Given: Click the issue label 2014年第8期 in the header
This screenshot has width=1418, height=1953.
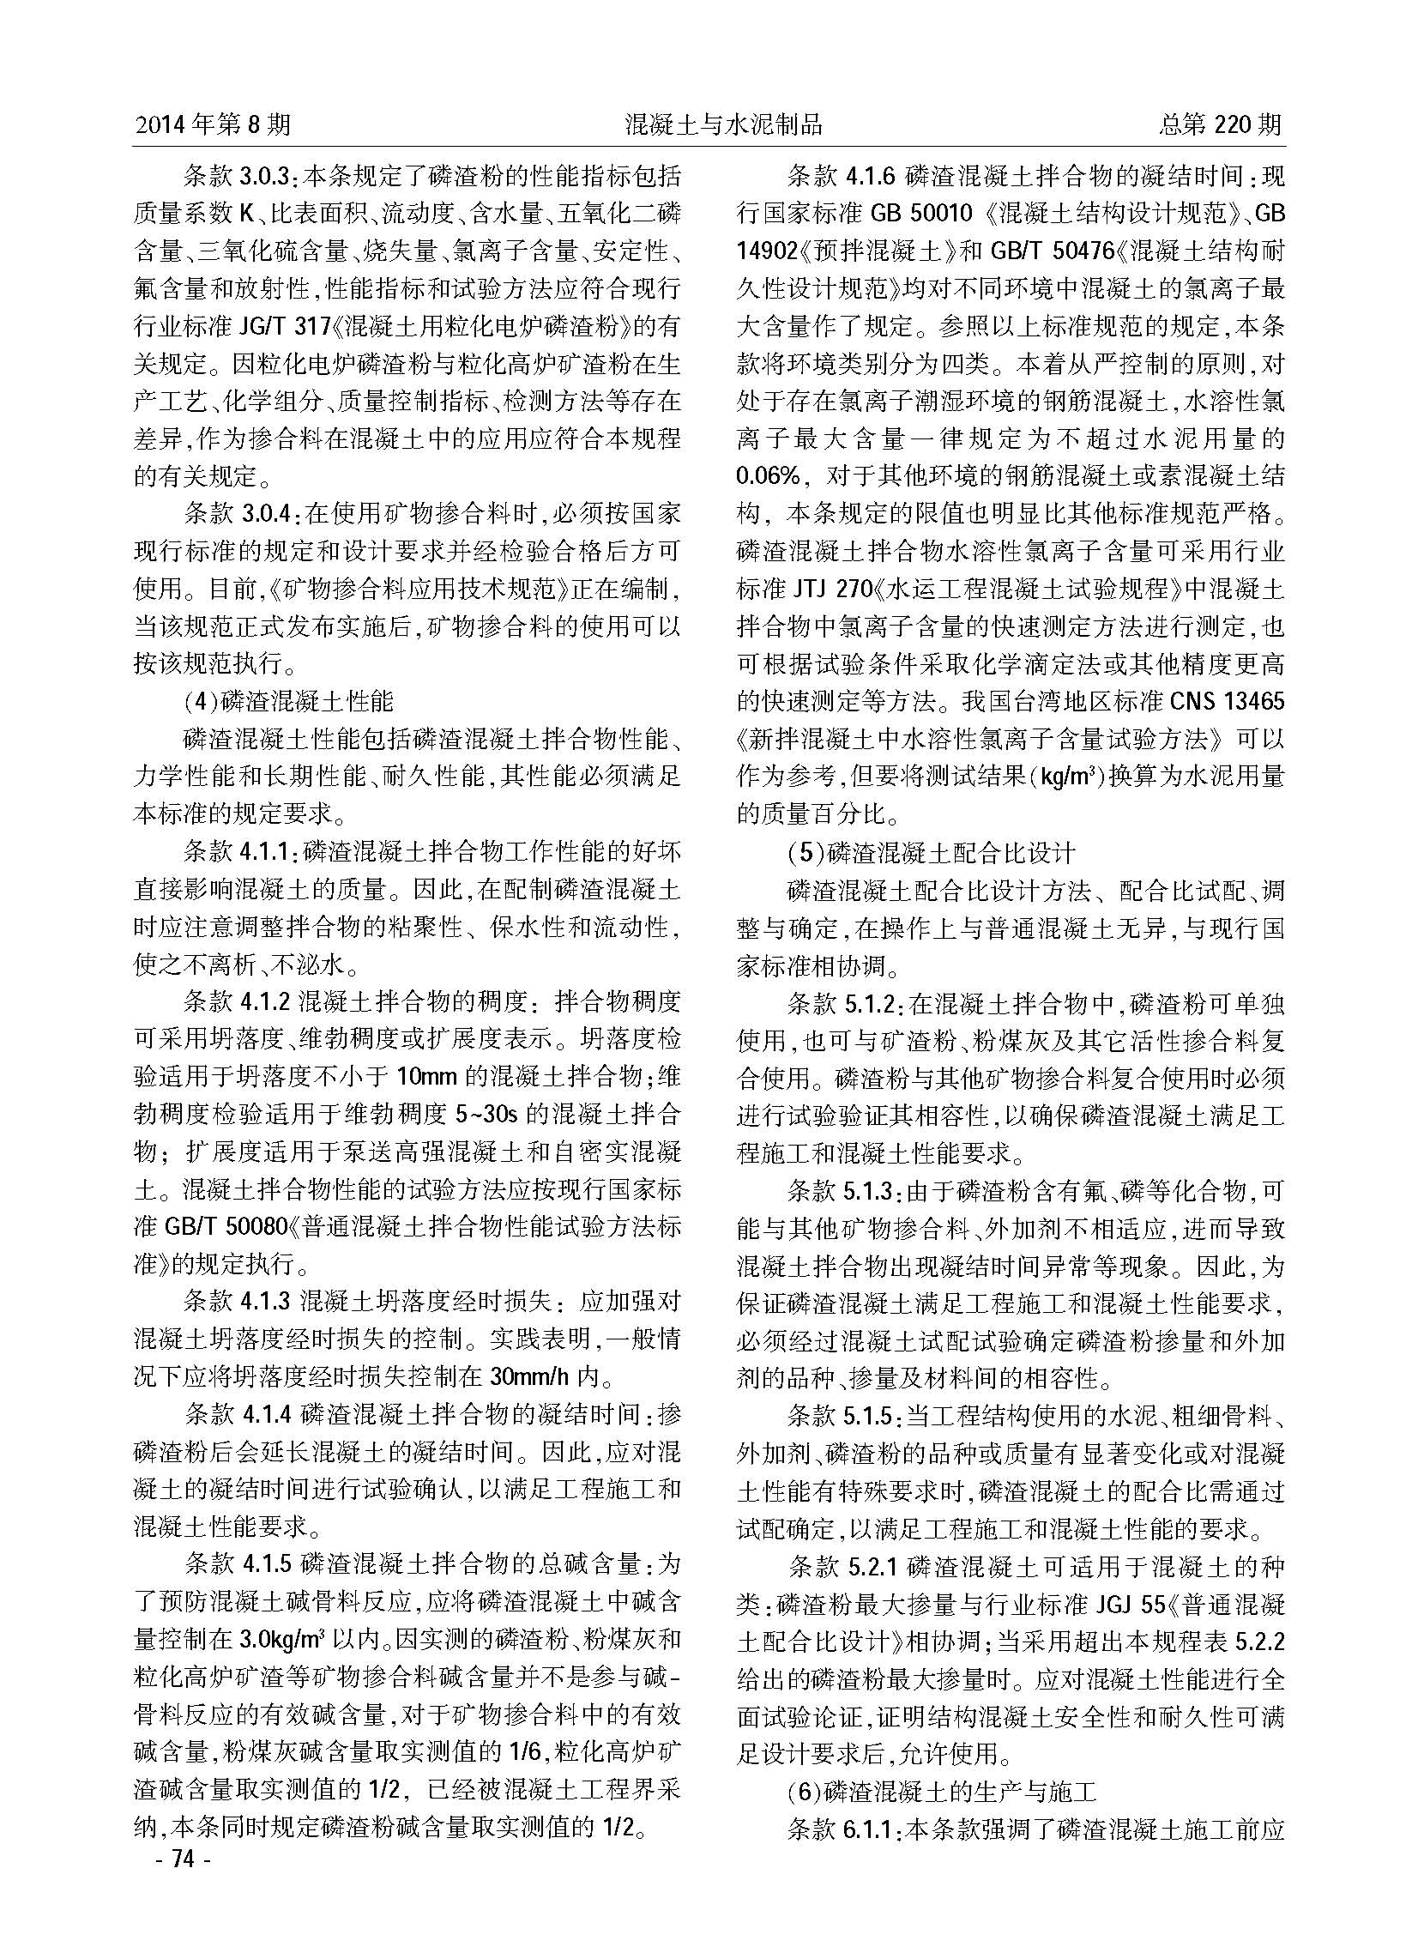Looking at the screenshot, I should click(x=213, y=125).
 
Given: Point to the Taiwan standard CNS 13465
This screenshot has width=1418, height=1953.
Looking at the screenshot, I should click(x=1226, y=702).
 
